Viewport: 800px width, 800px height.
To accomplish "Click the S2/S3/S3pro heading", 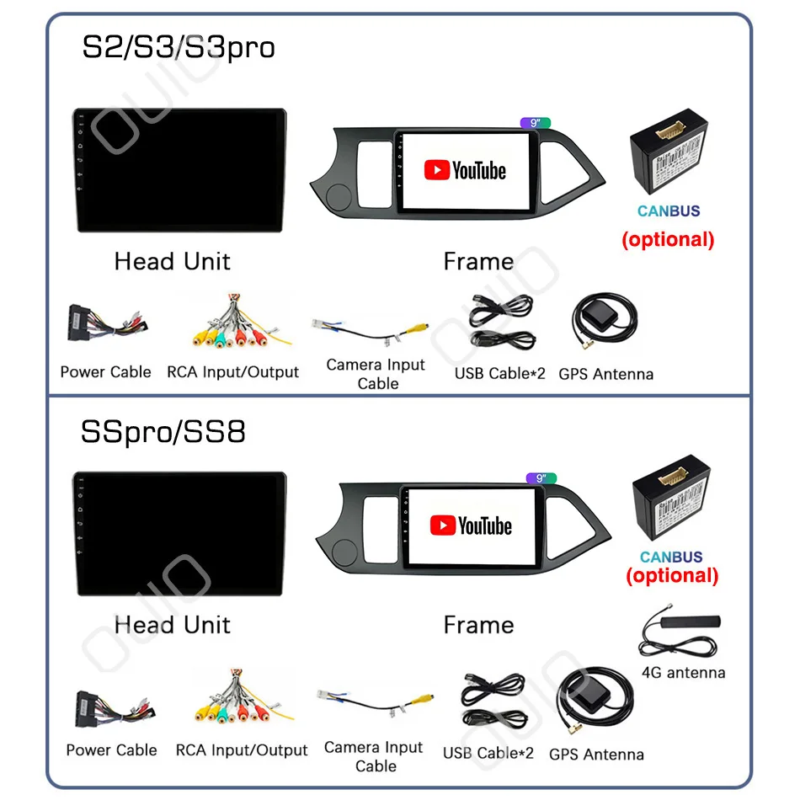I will point(178,47).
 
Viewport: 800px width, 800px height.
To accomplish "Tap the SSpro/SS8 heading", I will point(163,432).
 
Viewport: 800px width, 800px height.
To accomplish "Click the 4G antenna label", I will point(683,673).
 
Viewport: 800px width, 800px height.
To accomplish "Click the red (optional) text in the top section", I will point(668,239).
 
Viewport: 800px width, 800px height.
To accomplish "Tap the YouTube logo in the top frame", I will point(465,171).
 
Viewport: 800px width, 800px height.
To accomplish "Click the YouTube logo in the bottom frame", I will point(471,526).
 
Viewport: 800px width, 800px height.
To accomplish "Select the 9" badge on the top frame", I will point(535,123).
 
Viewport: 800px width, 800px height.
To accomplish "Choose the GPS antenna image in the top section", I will point(604,323).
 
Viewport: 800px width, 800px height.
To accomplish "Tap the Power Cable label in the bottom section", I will point(111,749).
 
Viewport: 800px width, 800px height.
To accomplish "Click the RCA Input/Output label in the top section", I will point(232,372).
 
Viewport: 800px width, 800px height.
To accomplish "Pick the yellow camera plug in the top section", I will point(418,330).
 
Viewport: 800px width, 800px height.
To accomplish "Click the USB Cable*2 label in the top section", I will point(500,373).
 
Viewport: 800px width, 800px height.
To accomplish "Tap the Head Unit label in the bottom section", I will point(172,625).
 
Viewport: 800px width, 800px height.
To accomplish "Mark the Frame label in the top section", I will point(478,262).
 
